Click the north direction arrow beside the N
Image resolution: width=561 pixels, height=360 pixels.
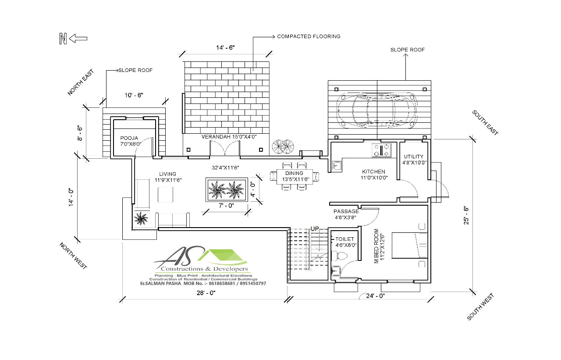78,39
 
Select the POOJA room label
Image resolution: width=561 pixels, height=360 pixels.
129,138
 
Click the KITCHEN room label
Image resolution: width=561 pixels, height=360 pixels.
373,171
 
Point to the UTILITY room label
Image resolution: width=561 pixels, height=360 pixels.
413,157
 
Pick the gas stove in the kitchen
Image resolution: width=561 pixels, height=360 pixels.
381,150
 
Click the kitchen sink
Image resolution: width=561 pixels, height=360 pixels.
337,165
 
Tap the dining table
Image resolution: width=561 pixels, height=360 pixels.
295,176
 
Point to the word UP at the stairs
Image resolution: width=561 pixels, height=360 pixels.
315,228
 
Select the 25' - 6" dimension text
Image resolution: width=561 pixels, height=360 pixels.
466,215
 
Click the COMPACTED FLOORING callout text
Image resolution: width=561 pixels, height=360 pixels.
309,36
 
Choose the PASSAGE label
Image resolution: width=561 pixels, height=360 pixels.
346,211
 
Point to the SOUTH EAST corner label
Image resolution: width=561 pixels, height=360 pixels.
485,122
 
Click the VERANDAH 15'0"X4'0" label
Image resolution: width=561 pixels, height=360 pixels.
228,137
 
